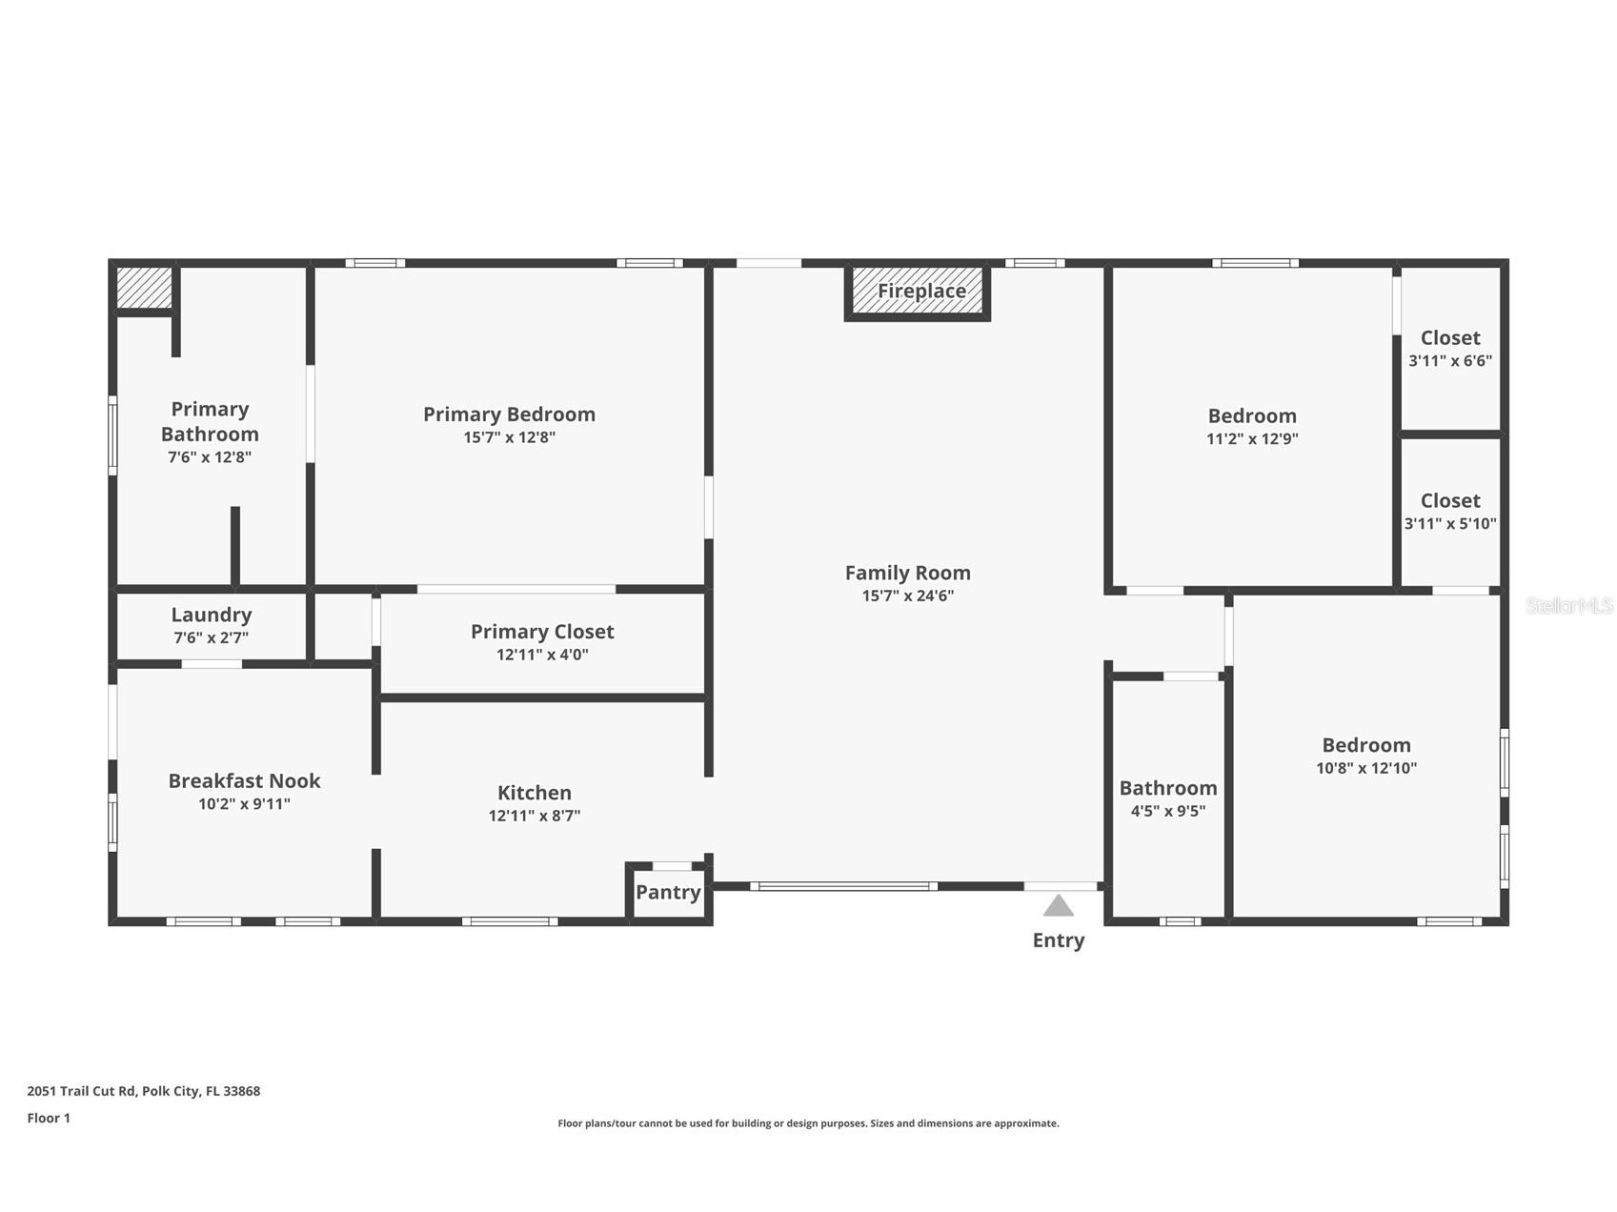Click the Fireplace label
[921, 292]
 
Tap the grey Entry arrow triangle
[1059, 905]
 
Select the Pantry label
[668, 893]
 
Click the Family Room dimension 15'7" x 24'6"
[908, 596]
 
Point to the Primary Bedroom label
[509, 414]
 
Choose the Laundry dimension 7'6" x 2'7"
[212, 638]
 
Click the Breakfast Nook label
[244, 781]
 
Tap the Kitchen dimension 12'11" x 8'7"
[535, 816]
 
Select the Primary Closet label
[542, 633]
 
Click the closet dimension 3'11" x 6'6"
[1450, 361]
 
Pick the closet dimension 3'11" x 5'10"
[1450, 524]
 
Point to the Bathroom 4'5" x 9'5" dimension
[1168, 812]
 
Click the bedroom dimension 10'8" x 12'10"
[1366, 769]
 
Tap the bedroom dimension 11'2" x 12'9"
[1252, 439]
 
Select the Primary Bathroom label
[210, 422]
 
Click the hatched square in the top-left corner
[144, 288]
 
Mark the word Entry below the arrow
[1059, 941]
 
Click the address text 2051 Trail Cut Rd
[82, 1092]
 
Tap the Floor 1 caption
[49, 1119]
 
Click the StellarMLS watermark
[1568, 606]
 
